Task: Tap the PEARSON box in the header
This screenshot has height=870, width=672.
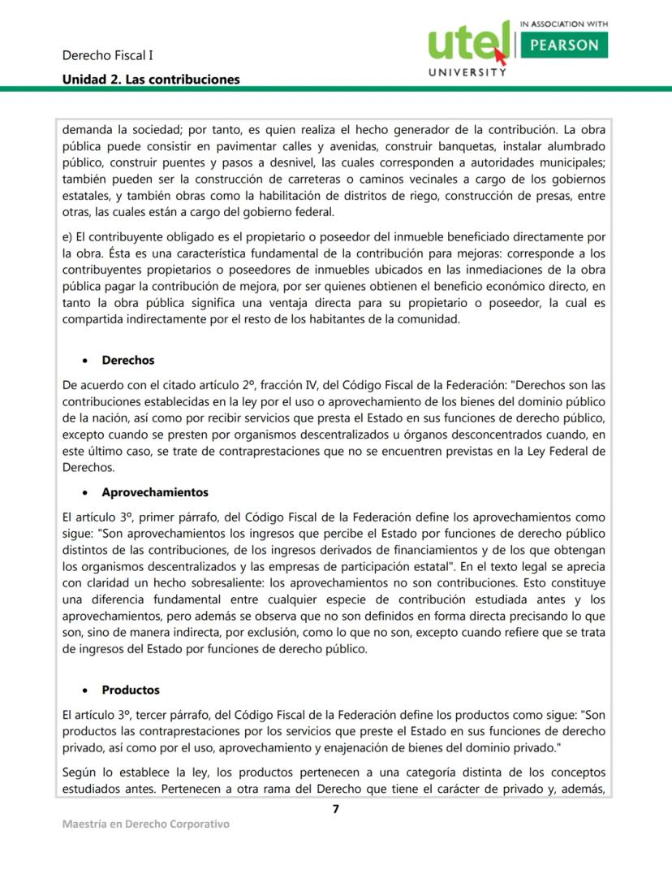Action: pos(563,45)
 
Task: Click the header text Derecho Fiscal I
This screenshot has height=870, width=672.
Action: pos(108,56)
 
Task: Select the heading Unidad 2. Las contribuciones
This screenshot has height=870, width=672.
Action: pos(151,79)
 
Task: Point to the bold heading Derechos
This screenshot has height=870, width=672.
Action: pos(127,360)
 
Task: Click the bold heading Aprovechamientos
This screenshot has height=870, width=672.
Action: pos(155,492)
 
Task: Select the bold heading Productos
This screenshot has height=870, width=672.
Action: pos(131,690)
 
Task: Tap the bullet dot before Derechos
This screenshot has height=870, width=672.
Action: pos(85,361)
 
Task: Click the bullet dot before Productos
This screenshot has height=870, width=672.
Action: pos(85,690)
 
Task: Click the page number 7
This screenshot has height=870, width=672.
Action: pos(335,808)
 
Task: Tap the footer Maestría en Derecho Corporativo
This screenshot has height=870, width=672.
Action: pos(146,824)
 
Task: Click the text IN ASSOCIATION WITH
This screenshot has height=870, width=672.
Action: pos(562,24)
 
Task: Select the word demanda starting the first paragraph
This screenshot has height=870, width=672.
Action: pos(86,128)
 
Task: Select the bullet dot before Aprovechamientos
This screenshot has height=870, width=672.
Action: pos(85,493)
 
